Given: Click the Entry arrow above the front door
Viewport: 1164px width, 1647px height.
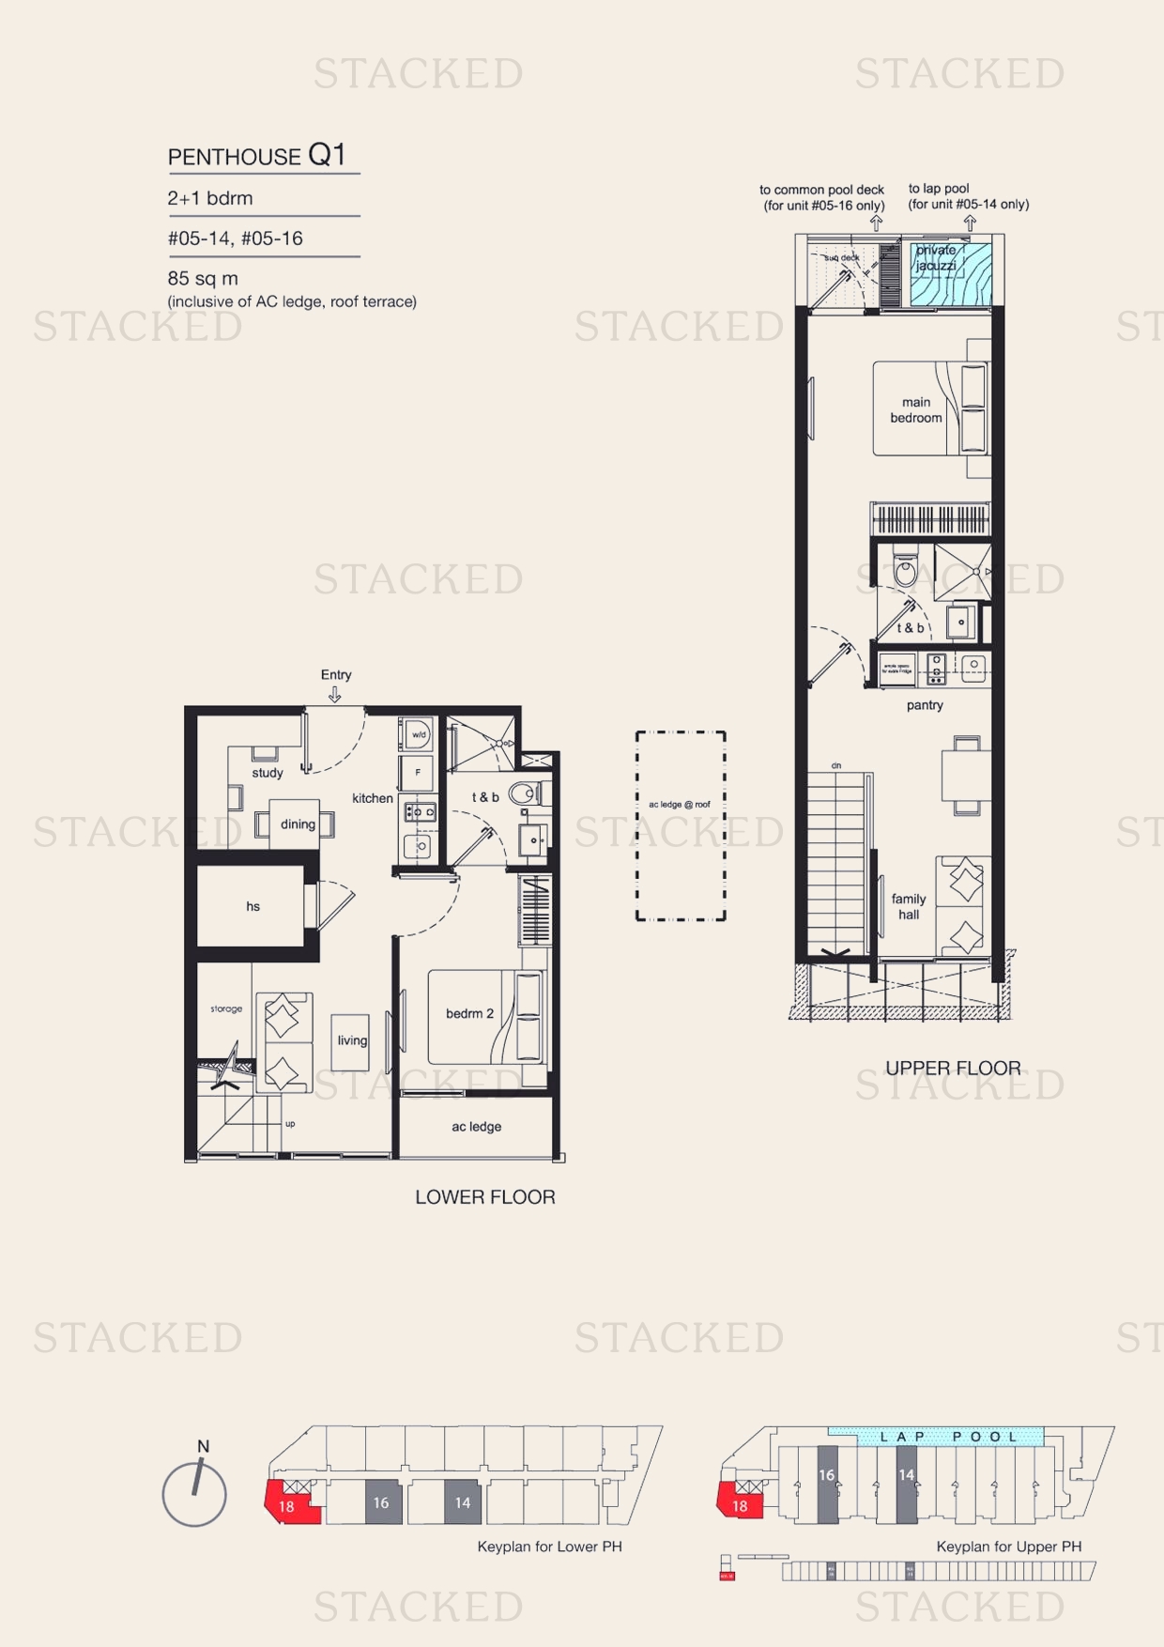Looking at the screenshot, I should tap(334, 695).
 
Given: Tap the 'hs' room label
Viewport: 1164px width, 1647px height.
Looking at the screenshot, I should tap(253, 906).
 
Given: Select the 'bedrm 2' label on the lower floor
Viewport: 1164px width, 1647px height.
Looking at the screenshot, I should tap(469, 1013).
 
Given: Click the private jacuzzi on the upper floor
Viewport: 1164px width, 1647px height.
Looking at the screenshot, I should tap(949, 274).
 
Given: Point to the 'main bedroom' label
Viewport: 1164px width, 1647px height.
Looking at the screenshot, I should tap(916, 409).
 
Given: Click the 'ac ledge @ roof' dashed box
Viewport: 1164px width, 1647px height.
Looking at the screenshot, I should tap(681, 826).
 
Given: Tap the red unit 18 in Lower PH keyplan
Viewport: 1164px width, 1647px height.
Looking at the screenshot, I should tap(288, 1503).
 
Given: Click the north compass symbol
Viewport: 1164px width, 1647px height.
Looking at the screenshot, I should tap(194, 1491).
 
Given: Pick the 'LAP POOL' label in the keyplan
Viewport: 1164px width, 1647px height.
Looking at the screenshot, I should tap(948, 1437).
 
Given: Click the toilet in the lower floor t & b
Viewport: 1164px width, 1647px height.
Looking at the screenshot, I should tap(525, 793).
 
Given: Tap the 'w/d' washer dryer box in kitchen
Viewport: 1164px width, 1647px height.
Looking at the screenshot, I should tap(418, 735).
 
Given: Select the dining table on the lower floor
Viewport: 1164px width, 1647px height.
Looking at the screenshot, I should tap(297, 824).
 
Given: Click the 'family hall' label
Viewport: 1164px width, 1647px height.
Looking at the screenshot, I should tap(909, 906).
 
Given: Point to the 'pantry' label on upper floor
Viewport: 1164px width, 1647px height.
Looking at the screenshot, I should tap(925, 705).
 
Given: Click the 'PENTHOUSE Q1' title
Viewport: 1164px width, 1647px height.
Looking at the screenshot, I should tap(256, 155).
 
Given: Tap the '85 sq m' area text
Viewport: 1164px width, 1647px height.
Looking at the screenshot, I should tap(203, 279).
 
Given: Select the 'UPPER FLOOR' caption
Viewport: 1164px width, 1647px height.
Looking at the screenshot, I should tap(953, 1068).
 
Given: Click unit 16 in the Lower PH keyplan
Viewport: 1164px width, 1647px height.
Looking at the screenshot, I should tap(381, 1502).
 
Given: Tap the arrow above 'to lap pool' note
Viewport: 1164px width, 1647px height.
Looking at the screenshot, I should tap(970, 223).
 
